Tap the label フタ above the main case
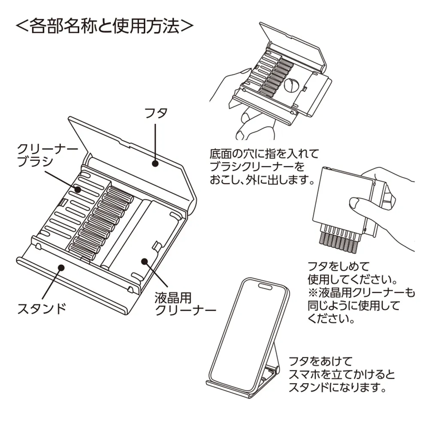tap(156, 113)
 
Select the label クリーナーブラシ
tap(47, 155)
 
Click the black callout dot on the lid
tap(155, 163)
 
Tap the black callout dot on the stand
tap(61, 267)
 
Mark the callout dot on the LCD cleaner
tap(145, 260)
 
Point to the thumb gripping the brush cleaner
tap(358, 205)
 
